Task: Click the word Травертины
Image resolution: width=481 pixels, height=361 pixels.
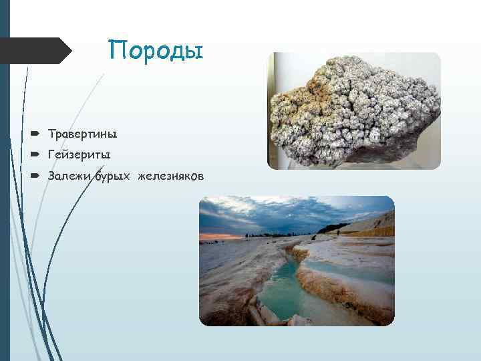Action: [82, 134]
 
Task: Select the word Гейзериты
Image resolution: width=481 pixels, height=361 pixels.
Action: [79, 154]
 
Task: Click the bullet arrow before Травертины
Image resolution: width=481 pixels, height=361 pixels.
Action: [34, 134]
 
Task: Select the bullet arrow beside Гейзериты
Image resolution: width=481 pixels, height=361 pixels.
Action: [34, 154]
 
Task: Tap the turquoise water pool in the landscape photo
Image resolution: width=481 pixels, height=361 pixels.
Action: [281, 291]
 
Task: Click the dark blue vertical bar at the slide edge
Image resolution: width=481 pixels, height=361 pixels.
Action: [5, 180]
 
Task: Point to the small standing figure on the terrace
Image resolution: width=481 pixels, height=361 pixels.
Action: [339, 232]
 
